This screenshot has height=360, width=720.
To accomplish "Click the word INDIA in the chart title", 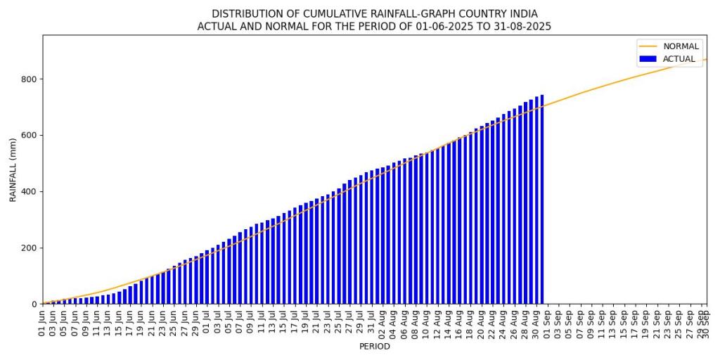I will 522,13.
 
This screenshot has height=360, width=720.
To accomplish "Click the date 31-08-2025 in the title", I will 518,26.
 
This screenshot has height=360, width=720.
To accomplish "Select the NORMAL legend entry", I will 681,46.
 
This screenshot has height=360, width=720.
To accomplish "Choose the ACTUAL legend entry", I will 679,59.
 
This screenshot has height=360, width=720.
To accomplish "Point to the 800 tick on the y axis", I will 28,79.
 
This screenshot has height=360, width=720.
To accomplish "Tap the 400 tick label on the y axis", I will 28,192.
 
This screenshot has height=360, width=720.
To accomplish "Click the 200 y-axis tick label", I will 28,248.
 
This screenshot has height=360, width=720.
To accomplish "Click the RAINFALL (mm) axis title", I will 13,169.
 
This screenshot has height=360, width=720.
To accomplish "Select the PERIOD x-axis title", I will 374,347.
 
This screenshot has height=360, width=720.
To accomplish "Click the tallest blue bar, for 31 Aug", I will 542,204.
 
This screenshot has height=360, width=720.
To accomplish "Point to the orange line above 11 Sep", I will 602,86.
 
